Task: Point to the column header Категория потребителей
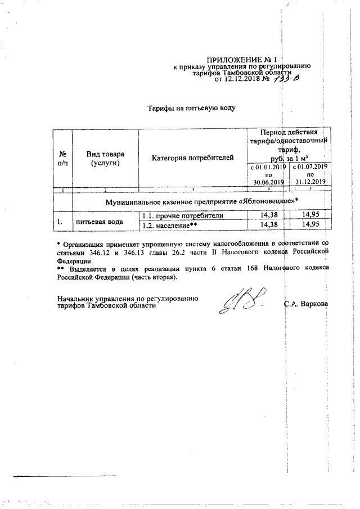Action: point(192,158)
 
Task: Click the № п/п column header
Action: point(63,158)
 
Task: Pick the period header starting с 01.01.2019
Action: point(268,174)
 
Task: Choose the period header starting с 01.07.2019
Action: point(309,174)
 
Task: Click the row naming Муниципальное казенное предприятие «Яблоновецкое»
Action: point(201,201)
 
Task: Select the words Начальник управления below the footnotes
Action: point(82,298)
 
